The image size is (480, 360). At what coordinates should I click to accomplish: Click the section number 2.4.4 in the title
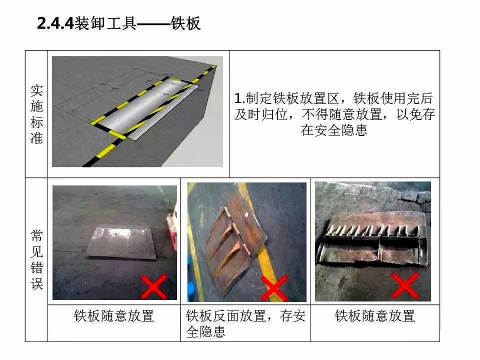(55, 23)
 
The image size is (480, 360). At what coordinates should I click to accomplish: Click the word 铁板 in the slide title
(185, 23)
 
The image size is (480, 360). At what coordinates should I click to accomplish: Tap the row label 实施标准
(36, 114)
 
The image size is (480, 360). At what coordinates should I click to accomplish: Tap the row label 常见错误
(36, 259)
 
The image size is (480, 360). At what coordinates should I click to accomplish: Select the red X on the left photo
(153, 287)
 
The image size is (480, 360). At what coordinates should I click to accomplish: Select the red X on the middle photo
(274, 288)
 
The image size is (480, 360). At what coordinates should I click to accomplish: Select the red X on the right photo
(405, 285)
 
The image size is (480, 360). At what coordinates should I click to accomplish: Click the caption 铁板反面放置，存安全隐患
(245, 323)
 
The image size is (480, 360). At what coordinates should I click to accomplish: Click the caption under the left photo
(114, 316)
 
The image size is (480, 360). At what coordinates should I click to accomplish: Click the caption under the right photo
(375, 316)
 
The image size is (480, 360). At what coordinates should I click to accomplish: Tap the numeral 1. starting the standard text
(239, 98)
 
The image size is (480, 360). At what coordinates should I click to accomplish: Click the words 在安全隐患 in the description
(333, 130)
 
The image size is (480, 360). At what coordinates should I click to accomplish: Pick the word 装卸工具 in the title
(105, 23)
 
